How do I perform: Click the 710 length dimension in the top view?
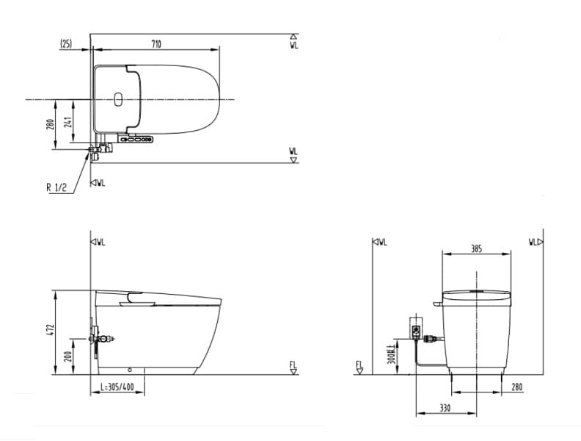[156, 44]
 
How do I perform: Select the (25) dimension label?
[66, 44]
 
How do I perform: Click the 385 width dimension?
[476, 249]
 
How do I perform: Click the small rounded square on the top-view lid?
[119, 99]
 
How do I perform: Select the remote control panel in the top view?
[139, 139]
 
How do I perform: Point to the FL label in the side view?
[293, 366]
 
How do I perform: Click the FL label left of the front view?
[359, 366]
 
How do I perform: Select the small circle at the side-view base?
[130, 370]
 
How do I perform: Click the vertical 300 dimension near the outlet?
[392, 356]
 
